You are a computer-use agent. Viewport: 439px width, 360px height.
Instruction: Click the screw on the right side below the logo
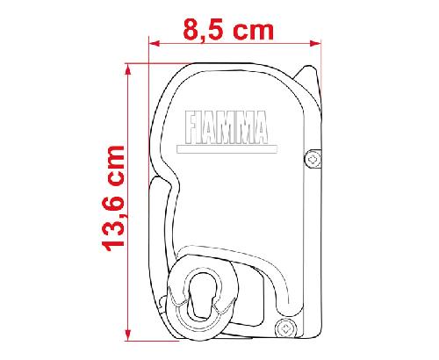[312, 158]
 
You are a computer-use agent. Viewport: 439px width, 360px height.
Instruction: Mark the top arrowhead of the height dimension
[128, 68]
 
